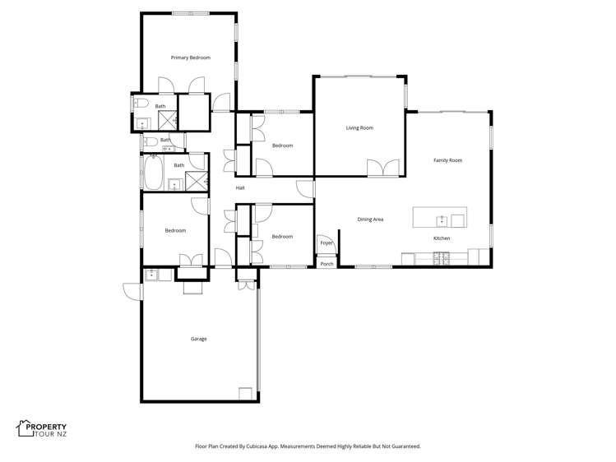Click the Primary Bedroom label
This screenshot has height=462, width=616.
(x=190, y=58)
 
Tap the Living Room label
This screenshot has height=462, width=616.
(x=359, y=128)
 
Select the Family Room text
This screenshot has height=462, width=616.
(x=447, y=160)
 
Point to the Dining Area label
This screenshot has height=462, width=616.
(x=370, y=219)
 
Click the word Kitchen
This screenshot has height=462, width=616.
(x=442, y=238)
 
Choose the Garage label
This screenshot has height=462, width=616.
(x=198, y=339)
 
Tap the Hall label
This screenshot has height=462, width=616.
(x=240, y=188)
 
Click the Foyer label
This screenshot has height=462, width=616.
(x=327, y=243)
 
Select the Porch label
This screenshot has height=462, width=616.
(x=327, y=264)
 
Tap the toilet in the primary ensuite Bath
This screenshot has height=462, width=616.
(x=141, y=104)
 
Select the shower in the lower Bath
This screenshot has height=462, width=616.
(x=196, y=182)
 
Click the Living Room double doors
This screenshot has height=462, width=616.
(x=385, y=169)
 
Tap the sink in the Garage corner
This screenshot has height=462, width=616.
(x=152, y=275)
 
